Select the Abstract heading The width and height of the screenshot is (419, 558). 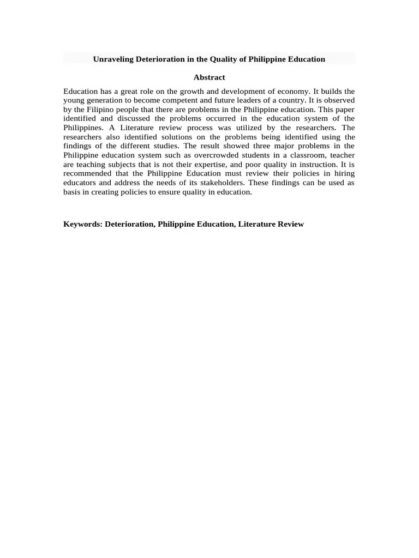point(209,77)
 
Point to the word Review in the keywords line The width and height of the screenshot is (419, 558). point(290,224)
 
